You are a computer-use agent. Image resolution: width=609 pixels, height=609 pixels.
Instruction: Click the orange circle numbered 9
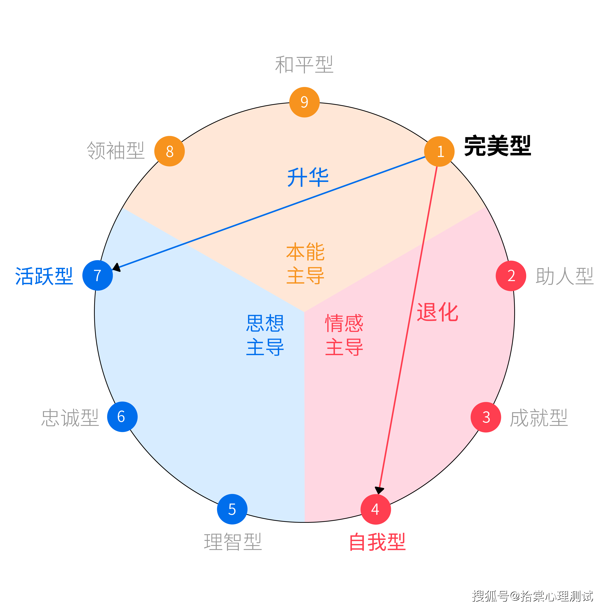coord(304,102)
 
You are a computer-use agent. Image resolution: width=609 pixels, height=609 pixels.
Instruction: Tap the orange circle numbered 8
coord(170,151)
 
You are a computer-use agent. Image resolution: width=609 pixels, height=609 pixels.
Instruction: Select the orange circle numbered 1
coord(439,151)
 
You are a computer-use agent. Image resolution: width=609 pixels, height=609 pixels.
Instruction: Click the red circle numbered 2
coord(511,276)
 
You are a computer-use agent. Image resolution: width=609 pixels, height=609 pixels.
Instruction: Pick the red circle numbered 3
coord(486,417)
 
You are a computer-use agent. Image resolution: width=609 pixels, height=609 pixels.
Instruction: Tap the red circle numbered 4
coord(376,509)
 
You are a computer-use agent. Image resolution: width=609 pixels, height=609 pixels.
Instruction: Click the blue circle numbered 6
coord(122,417)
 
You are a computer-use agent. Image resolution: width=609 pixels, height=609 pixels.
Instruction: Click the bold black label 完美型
coord(498,146)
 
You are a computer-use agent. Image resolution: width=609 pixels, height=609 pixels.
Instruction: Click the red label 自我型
coord(378,542)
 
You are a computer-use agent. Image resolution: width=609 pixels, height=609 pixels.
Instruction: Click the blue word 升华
coord(308,178)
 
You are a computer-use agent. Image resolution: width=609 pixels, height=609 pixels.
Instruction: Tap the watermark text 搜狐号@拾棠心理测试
coord(532,596)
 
